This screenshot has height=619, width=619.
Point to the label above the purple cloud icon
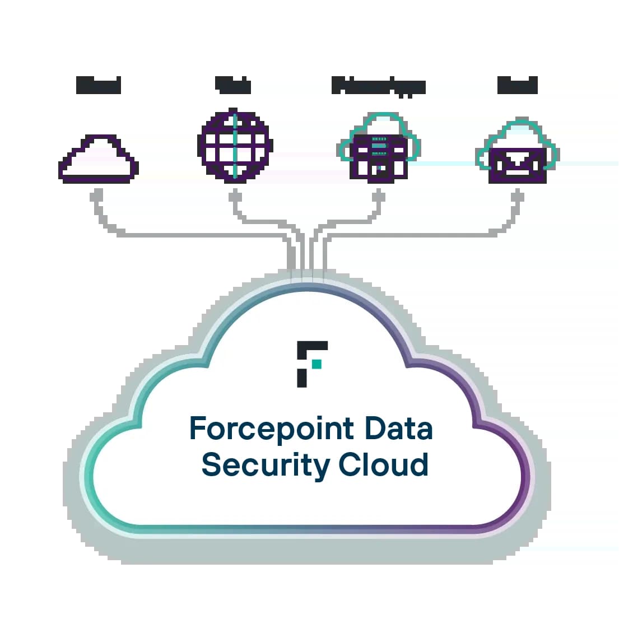[x=99, y=86]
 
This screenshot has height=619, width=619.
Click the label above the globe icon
[x=234, y=86]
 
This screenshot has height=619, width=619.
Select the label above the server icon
[x=379, y=86]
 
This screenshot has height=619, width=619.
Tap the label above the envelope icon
[x=517, y=86]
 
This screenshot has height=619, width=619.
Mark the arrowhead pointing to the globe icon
[x=235, y=193]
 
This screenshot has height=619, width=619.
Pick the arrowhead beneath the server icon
[x=379, y=193]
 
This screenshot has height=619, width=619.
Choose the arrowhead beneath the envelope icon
[x=517, y=193]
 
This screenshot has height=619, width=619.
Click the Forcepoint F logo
[x=311, y=363]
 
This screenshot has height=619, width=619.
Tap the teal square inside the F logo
[x=317, y=365]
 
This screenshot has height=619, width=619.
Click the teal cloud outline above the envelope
[x=518, y=126]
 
